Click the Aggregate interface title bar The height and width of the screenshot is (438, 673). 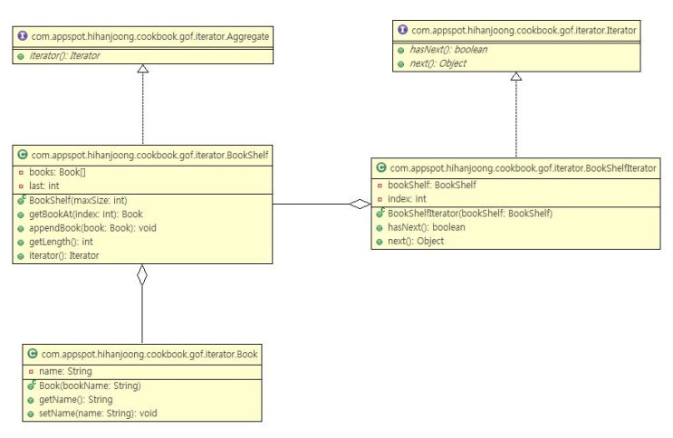(x=144, y=36)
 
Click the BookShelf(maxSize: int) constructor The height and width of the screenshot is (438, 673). (x=77, y=200)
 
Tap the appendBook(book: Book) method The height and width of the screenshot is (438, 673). (x=91, y=227)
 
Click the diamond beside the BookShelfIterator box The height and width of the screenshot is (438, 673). (x=360, y=204)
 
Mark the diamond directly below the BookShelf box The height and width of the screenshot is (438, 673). (x=141, y=275)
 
